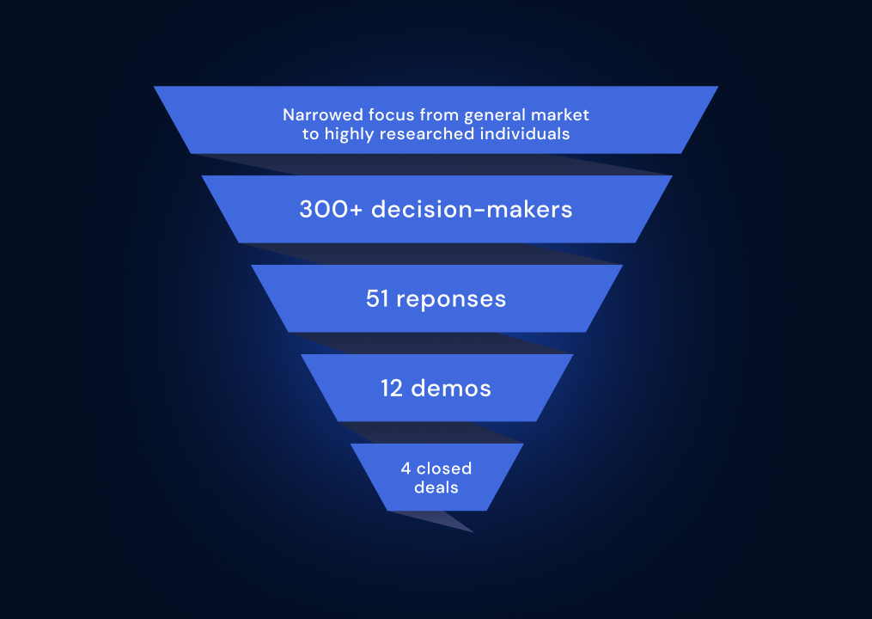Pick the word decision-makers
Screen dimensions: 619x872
[472, 209]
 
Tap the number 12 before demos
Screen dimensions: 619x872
[393, 388]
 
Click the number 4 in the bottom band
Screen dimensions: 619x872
[406, 469]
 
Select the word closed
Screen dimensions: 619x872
[444, 469]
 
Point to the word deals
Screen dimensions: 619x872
[436, 487]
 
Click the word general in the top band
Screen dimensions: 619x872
[494, 114]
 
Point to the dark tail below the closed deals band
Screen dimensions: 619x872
[447, 519]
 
